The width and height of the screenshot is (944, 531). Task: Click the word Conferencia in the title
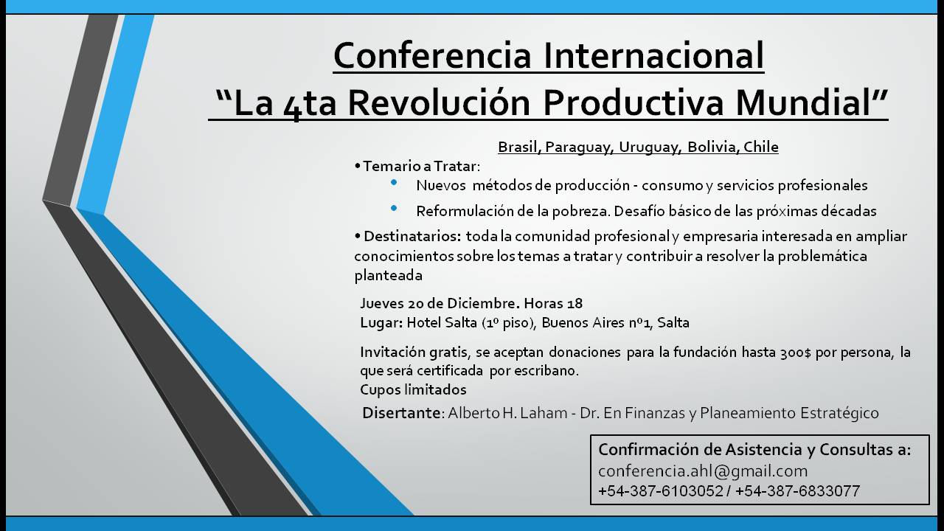(432, 55)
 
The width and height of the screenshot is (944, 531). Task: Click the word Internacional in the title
(654, 55)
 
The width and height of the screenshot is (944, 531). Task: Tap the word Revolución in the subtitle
(439, 103)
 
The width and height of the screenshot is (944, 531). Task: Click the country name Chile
(760, 147)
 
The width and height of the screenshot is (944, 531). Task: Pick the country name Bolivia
(713, 147)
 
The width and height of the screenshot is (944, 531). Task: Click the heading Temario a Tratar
(421, 166)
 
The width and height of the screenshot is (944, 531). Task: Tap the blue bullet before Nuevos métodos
(394, 182)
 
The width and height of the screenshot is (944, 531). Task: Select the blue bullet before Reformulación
(394, 208)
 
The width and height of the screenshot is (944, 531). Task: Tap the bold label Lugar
(381, 323)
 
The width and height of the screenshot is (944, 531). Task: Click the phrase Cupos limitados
(413, 390)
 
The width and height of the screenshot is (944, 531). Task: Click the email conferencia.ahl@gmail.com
(703, 471)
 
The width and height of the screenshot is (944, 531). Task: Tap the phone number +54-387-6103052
(661, 491)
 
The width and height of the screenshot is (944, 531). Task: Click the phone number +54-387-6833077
(797, 491)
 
